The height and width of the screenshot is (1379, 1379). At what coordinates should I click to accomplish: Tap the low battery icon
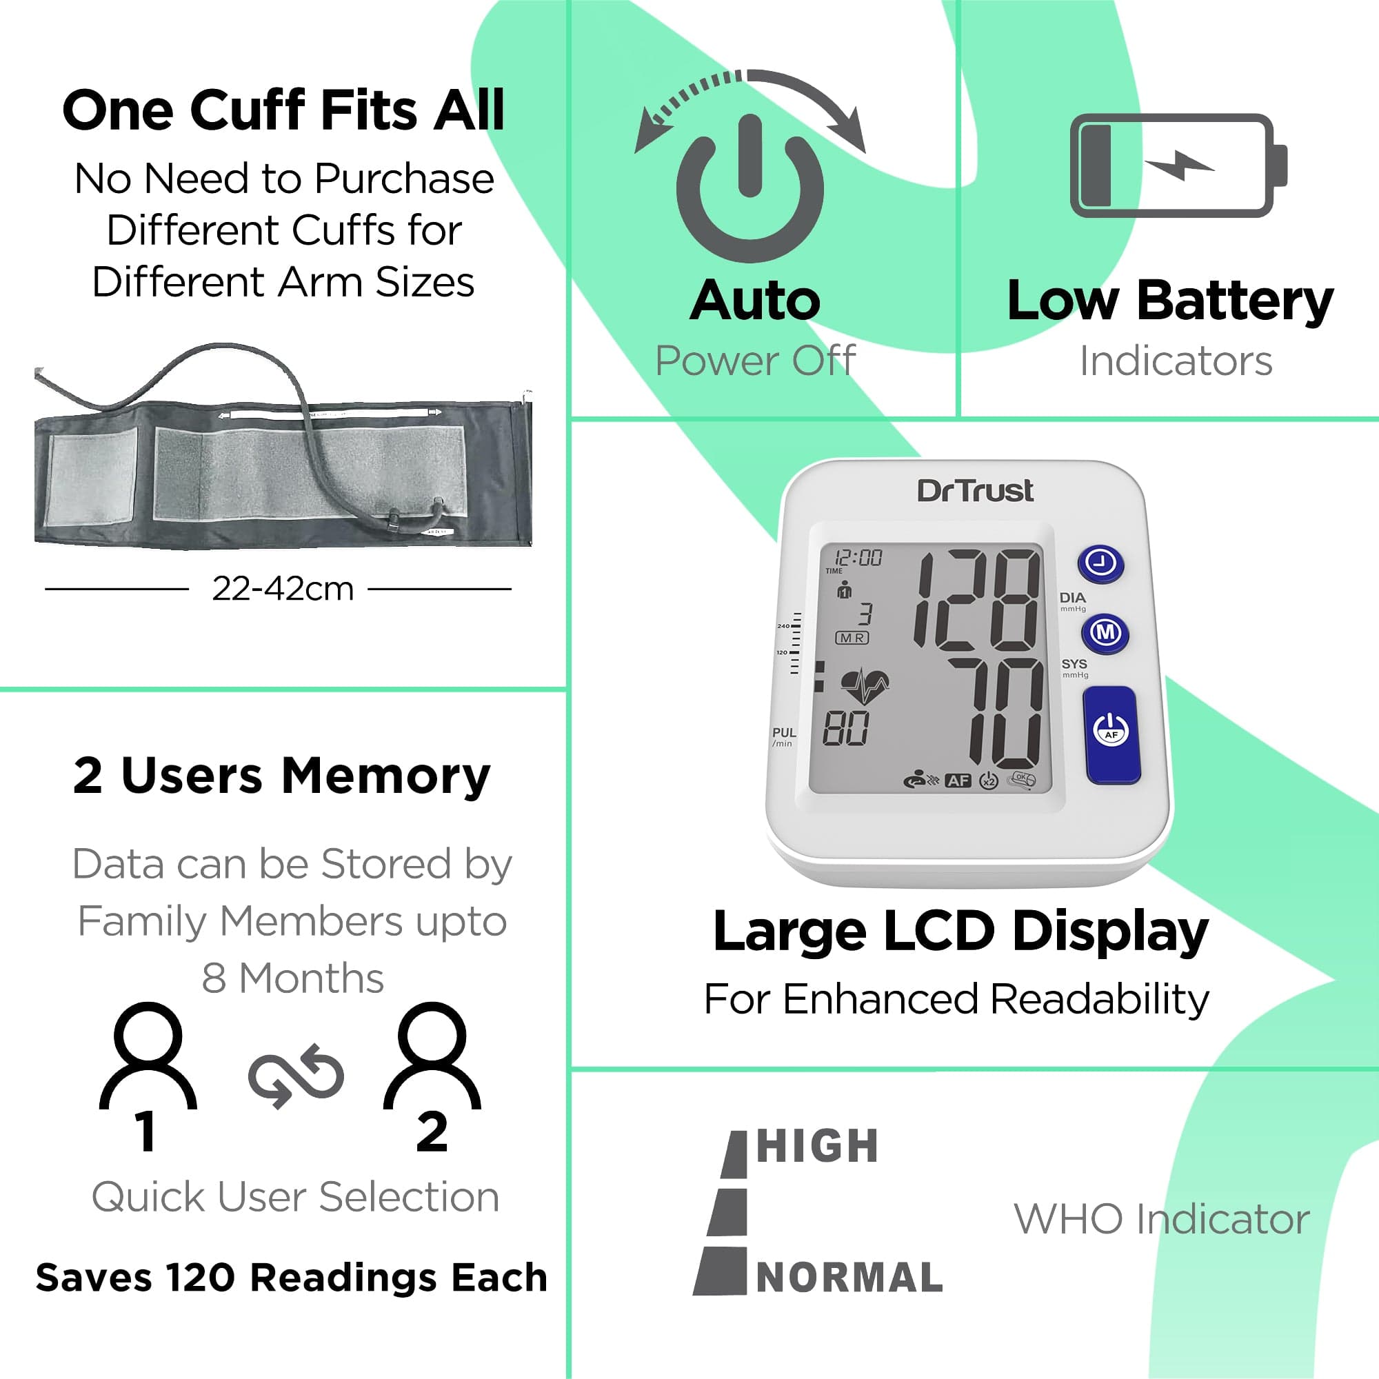click(1178, 165)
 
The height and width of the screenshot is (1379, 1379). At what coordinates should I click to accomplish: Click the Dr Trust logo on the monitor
click(975, 491)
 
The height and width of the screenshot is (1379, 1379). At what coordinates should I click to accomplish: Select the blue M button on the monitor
click(1105, 632)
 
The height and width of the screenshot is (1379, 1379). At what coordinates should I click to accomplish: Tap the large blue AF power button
click(1111, 734)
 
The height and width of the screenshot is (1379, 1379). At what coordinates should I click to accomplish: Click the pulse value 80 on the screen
click(846, 729)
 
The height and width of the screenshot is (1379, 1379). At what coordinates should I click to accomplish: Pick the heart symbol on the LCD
click(865, 686)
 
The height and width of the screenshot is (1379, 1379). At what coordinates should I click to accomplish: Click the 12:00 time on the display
click(858, 557)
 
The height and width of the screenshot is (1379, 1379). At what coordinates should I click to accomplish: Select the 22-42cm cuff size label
click(283, 590)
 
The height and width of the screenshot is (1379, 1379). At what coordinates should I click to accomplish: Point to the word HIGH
click(817, 1147)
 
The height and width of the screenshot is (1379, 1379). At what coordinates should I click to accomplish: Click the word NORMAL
click(849, 1278)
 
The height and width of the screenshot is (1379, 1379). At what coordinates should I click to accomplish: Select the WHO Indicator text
click(1161, 1218)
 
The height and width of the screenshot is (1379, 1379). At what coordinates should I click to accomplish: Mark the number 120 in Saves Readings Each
click(200, 1278)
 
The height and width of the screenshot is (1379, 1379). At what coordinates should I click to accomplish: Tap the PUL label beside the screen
click(784, 733)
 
